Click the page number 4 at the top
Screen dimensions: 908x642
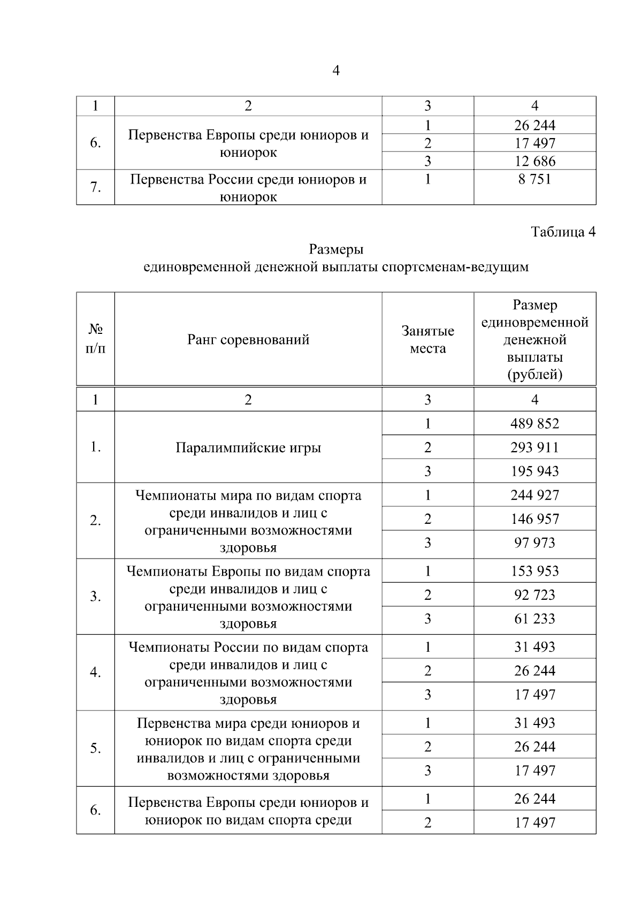[336, 71]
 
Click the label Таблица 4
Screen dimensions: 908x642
[563, 232]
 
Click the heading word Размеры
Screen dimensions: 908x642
[336, 249]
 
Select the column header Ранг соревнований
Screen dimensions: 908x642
[248, 340]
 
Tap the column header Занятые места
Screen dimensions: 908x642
[427, 340]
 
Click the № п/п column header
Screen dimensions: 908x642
[95, 340]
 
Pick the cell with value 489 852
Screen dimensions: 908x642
[534, 424]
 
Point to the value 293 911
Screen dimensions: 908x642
[534, 447]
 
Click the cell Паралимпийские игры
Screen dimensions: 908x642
[248, 448]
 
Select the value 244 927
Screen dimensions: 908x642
[534, 495]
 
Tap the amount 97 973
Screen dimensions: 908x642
[534, 543]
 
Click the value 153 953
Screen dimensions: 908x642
[534, 571]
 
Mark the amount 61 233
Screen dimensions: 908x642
[534, 619]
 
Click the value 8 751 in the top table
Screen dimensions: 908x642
[534, 179]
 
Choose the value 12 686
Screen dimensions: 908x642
[534, 161]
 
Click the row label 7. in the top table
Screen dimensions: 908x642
[95, 187]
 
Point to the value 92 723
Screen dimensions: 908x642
[534, 595]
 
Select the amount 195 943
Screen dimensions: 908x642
[534, 471]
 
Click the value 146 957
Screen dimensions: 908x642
[534, 519]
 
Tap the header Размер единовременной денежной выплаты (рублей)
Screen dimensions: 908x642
[534, 340]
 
